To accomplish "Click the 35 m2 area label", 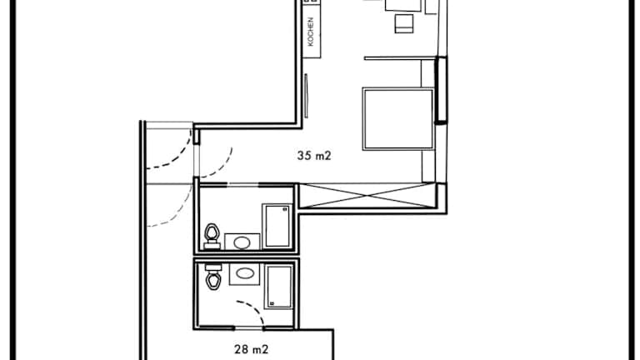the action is (x=314, y=156).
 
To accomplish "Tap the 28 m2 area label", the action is (x=252, y=349).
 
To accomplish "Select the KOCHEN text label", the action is (x=311, y=32).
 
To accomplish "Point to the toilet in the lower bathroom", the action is (x=213, y=277).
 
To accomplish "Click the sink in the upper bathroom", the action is (x=242, y=242).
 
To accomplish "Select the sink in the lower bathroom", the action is (x=244, y=274).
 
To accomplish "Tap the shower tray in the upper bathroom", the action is (x=277, y=226).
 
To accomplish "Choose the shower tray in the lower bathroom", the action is (x=280, y=286).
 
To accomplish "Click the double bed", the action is (x=398, y=119).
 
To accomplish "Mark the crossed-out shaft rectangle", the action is (x=367, y=196).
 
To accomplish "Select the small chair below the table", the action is (x=404, y=23).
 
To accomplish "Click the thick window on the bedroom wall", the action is (x=441, y=90).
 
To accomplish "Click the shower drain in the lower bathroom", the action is (x=272, y=303).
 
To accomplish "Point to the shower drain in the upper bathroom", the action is (x=285, y=209).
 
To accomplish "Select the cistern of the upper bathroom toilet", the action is (x=212, y=246).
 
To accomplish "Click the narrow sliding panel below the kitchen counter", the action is (x=306, y=96).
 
